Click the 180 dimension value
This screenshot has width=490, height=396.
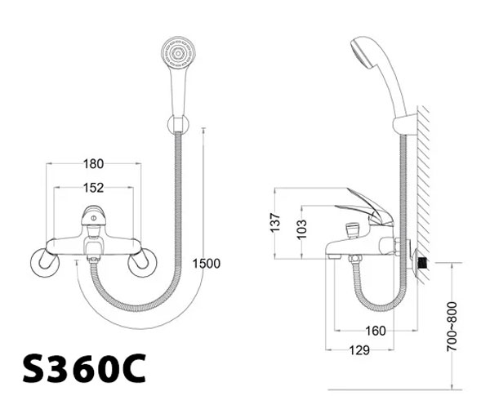pyautogui.click(x=93, y=164)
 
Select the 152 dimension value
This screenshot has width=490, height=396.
pyautogui.click(x=93, y=188)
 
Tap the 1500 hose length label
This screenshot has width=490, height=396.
pyautogui.click(x=206, y=264)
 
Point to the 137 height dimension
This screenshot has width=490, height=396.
pyautogui.click(x=275, y=223)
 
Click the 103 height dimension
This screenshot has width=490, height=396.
pyautogui.click(x=302, y=229)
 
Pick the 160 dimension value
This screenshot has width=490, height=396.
pyautogui.click(x=376, y=331)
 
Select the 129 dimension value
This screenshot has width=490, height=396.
pyautogui.click(x=359, y=350)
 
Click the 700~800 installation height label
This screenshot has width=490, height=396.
pyautogui.click(x=452, y=327)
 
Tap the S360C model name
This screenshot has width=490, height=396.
pyautogui.click(x=84, y=368)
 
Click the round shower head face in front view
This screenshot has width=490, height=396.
pyautogui.click(x=178, y=52)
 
